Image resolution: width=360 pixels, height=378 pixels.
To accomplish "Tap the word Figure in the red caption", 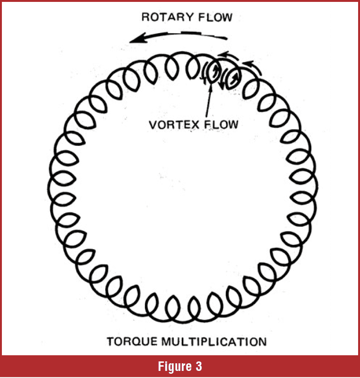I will coord(173,367).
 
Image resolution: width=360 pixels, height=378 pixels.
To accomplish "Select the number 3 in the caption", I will coord(198,367).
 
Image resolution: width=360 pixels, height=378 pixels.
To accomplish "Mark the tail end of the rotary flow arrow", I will coord(226,38).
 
